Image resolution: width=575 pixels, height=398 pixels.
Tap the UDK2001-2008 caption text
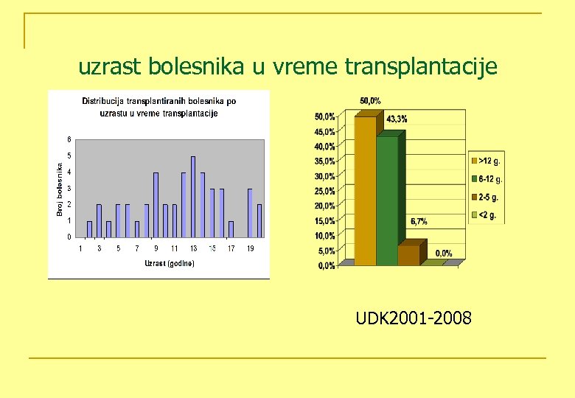point(414,318)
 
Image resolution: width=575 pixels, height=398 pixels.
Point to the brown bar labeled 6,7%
point(409,254)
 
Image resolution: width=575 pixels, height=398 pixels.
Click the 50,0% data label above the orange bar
point(370,101)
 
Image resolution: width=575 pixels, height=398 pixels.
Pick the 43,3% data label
point(397,119)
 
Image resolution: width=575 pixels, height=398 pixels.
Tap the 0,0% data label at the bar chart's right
point(444,254)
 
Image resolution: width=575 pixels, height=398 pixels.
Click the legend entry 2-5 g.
point(487,197)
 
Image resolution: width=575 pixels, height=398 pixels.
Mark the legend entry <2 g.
point(487,215)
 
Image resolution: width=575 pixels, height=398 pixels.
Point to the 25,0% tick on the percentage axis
point(325,191)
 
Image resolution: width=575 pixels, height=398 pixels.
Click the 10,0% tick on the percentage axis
point(325,236)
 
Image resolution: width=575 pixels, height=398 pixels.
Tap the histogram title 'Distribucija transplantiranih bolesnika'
point(160,107)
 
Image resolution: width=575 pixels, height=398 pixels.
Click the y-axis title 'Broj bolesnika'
point(60,189)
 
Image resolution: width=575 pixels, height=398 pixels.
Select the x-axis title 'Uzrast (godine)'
point(170,263)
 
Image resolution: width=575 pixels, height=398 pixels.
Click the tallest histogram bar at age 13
point(193,196)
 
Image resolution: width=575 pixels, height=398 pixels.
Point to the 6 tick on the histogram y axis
point(69,139)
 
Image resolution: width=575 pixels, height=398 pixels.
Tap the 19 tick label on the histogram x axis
point(250,248)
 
